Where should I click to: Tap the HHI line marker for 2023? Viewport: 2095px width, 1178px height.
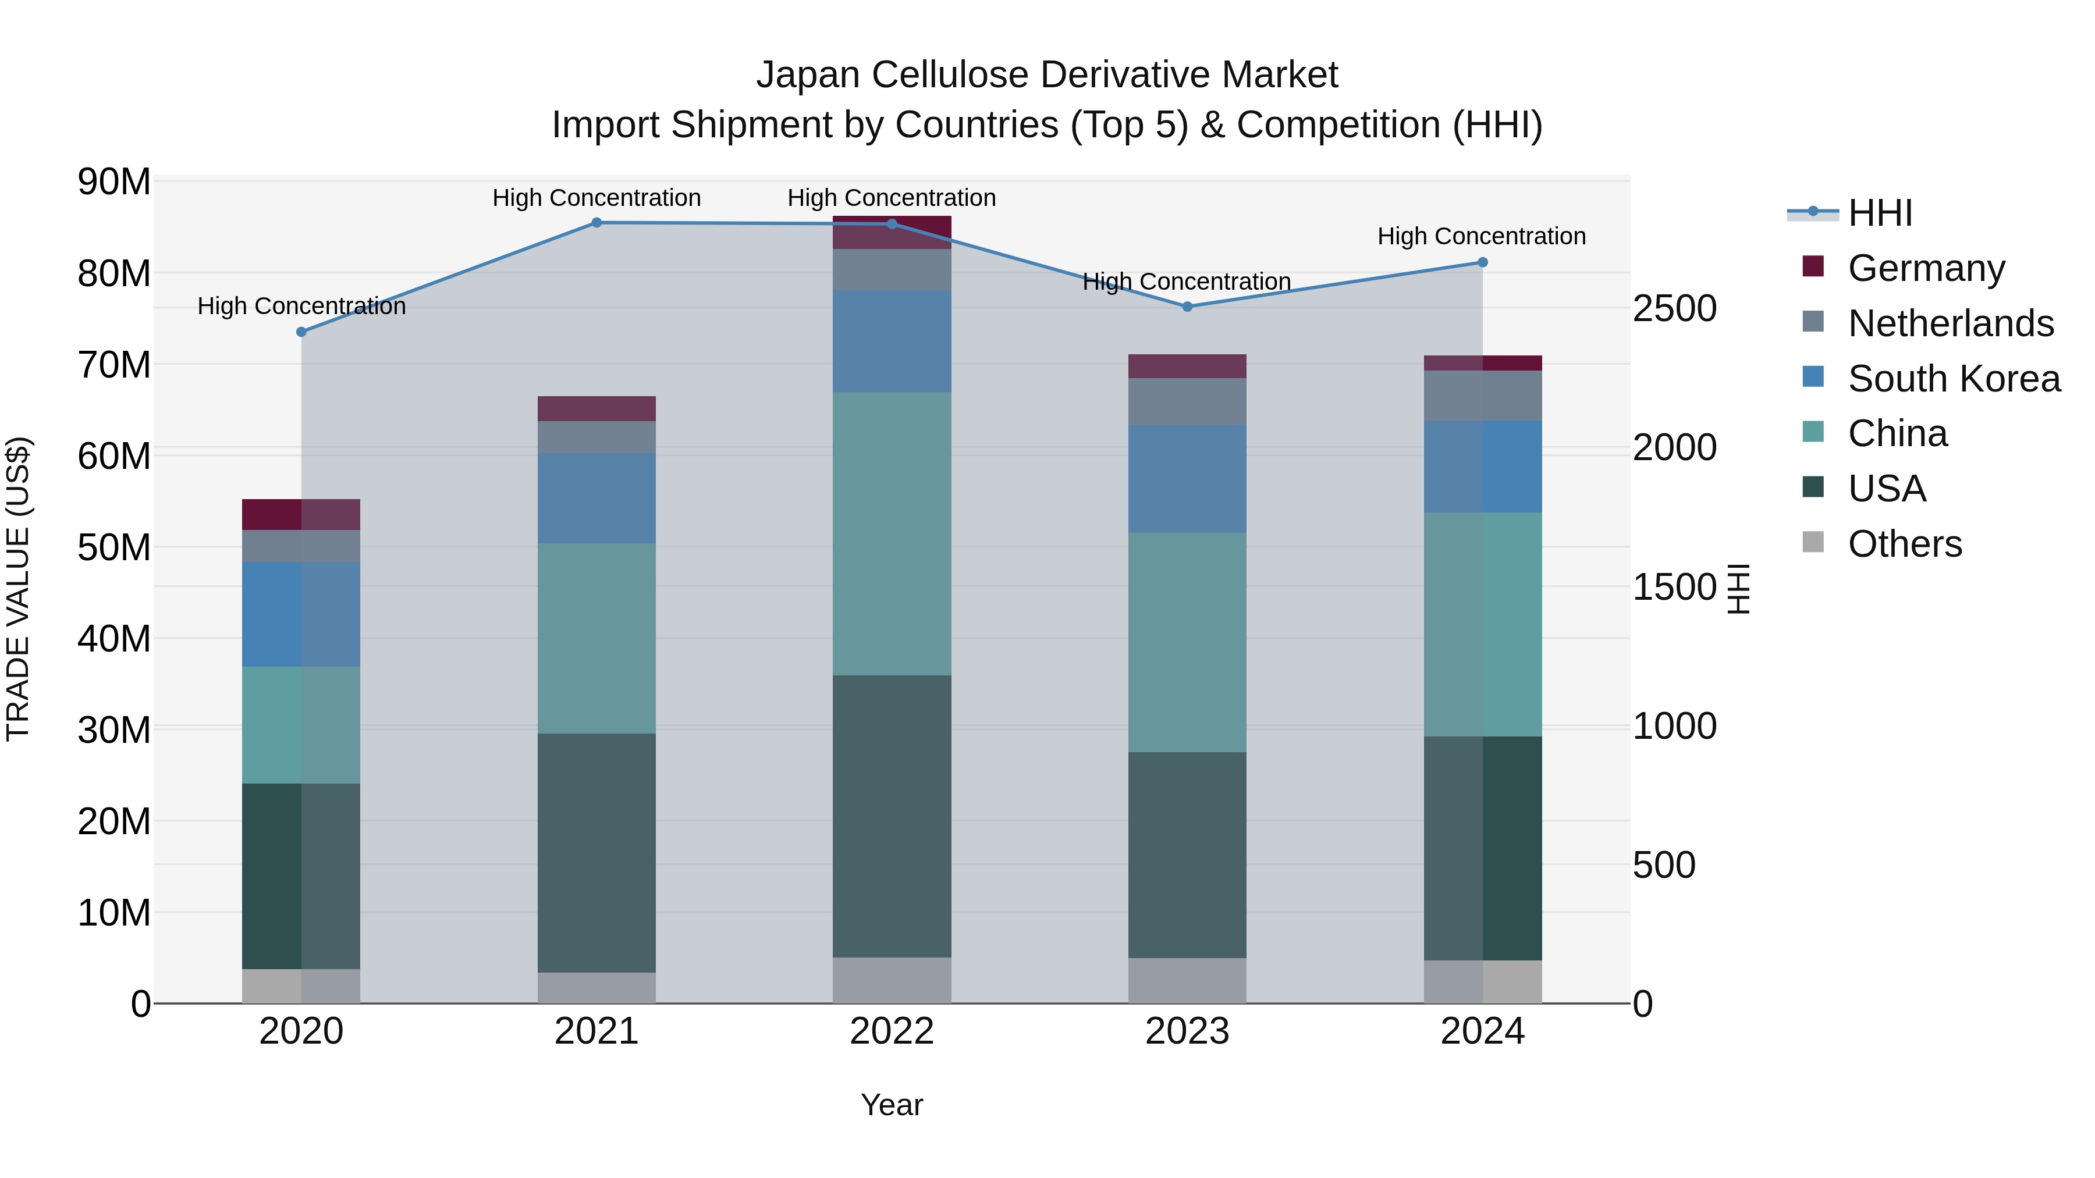(1187, 307)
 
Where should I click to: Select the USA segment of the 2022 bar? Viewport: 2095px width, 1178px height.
(892, 816)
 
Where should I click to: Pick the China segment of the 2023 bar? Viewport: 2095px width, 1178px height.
(1187, 642)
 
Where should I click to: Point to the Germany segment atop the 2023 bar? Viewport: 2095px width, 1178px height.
(1187, 366)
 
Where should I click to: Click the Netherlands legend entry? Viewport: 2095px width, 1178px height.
(1950, 323)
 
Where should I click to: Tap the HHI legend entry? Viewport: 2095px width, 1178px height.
(1880, 213)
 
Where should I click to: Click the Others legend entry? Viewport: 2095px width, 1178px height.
(1904, 544)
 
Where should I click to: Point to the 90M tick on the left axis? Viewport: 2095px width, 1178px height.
(114, 181)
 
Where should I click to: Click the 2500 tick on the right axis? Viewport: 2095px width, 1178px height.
(1674, 309)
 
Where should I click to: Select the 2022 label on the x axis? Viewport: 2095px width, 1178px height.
(892, 1031)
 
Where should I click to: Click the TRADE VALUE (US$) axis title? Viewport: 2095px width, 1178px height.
(18, 589)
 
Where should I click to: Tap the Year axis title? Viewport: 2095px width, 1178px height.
(892, 1105)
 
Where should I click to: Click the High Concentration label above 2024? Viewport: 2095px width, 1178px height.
(1481, 237)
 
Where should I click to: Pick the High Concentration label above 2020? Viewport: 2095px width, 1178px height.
(301, 307)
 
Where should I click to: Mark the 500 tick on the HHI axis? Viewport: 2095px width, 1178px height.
(1663, 865)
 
